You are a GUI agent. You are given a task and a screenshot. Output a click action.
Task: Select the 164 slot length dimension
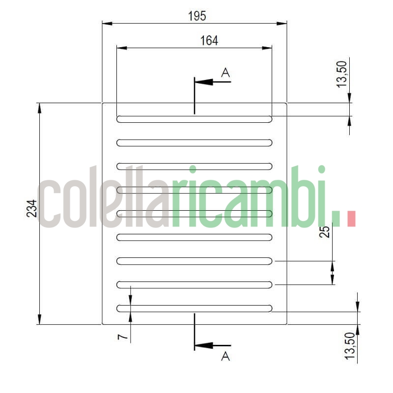coord(209,40)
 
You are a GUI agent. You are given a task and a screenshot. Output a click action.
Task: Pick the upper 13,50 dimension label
coord(342,73)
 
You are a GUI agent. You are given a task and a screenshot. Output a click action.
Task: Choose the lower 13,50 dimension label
coord(349,347)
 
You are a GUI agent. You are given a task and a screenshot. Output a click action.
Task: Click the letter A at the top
coord(225,73)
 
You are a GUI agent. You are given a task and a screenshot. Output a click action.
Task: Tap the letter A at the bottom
coord(225,356)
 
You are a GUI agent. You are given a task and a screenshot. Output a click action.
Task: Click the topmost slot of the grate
coord(194,119)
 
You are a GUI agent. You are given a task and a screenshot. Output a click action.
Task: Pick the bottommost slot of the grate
coord(194,308)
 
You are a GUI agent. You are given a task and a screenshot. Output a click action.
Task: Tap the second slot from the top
coord(194,142)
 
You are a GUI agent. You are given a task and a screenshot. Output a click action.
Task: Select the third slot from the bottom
coord(194,261)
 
